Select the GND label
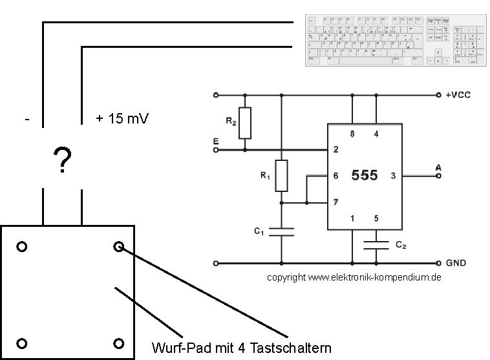click(456, 264)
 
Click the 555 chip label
click(364, 175)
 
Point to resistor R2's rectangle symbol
click(245, 123)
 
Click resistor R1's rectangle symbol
click(281, 175)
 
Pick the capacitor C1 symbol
click(281, 231)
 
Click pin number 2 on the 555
click(336, 150)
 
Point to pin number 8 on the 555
click(352, 134)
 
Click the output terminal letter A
click(438, 168)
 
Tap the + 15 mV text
click(123, 119)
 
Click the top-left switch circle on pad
click(22, 247)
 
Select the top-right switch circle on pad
click(118, 246)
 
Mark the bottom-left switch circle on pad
click(22, 343)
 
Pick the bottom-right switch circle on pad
click(118, 343)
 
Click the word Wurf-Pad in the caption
click(178, 348)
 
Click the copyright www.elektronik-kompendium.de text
click(354, 277)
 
